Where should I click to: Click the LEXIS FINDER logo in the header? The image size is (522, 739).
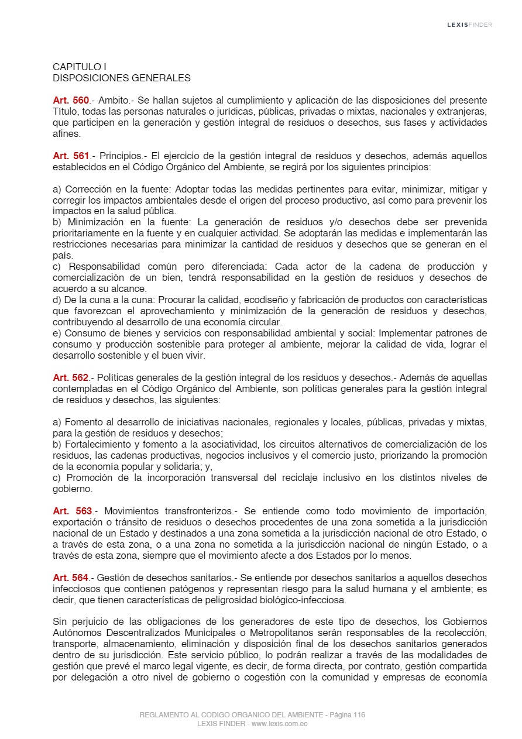[469, 25]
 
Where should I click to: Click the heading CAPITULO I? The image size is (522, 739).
[79, 67]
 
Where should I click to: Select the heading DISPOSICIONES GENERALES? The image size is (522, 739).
[122, 77]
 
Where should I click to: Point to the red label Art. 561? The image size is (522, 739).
[71, 156]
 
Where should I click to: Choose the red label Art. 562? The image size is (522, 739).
[71, 378]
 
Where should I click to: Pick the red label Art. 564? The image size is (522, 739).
[71, 578]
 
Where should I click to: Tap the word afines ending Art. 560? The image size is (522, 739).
[66, 134]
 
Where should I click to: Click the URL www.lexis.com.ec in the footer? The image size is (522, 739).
[279, 724]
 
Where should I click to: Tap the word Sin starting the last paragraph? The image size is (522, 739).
[60, 621]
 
